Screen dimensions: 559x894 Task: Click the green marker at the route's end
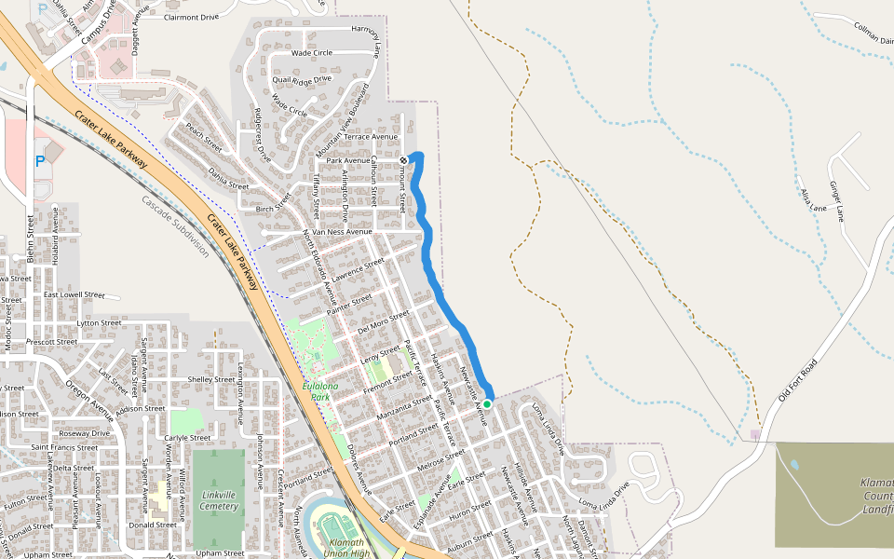(487, 403)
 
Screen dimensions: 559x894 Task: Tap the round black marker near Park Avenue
(404, 160)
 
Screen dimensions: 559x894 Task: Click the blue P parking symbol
(40, 161)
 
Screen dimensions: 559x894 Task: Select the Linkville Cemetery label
(219, 500)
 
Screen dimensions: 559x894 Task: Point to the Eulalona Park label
(320, 390)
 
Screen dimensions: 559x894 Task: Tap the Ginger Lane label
(837, 200)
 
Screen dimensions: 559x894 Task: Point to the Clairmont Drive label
(191, 17)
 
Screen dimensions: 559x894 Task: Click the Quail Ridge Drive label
(302, 79)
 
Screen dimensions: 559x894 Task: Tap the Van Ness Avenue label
(342, 231)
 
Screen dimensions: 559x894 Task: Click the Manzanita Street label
(405, 407)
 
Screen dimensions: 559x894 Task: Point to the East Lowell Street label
(74, 294)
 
